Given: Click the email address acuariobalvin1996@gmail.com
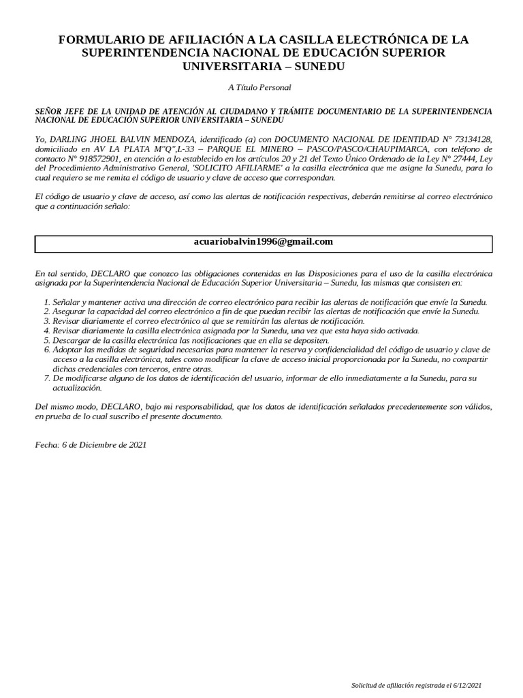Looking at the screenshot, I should (x=264, y=242).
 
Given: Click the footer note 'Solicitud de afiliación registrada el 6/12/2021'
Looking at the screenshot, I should (x=415, y=684).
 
